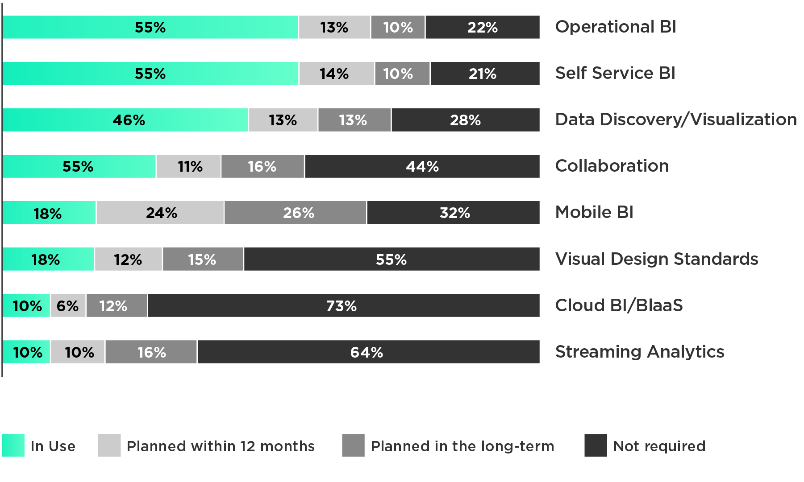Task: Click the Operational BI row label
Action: pyautogui.click(x=615, y=27)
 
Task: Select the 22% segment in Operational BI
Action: pyautogui.click(x=482, y=27)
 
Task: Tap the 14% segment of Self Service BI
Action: pyautogui.click(x=336, y=74)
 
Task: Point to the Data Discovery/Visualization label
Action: pyautogui.click(x=675, y=120)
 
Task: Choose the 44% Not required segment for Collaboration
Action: pyautogui.click(x=422, y=166)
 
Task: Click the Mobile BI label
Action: pyautogui.click(x=594, y=213)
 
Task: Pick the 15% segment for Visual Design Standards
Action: pyautogui.click(x=203, y=259)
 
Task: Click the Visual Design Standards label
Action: pyautogui.click(x=656, y=259)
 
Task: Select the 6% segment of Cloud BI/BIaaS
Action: pyautogui.click(x=68, y=305)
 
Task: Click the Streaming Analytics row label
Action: pyautogui.click(x=639, y=352)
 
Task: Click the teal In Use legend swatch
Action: pyautogui.click(x=13, y=445)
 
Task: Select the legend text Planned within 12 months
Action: pyautogui.click(x=221, y=446)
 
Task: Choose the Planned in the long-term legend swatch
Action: pyautogui.click(x=353, y=445)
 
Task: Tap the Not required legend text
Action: pyautogui.click(x=659, y=446)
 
